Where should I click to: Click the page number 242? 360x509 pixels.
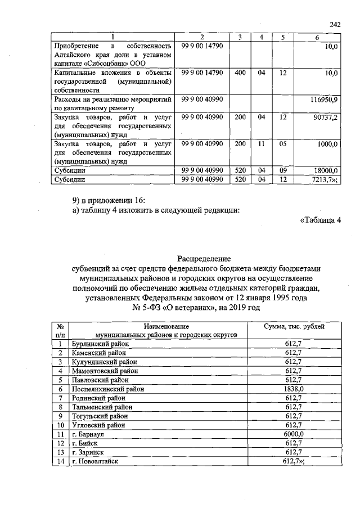(336, 24)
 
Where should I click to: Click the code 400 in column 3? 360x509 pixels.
(240, 73)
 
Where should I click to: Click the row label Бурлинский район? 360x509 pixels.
(100, 343)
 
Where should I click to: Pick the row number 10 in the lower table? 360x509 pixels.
(60, 425)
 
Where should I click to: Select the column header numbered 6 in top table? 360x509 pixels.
(317, 37)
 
